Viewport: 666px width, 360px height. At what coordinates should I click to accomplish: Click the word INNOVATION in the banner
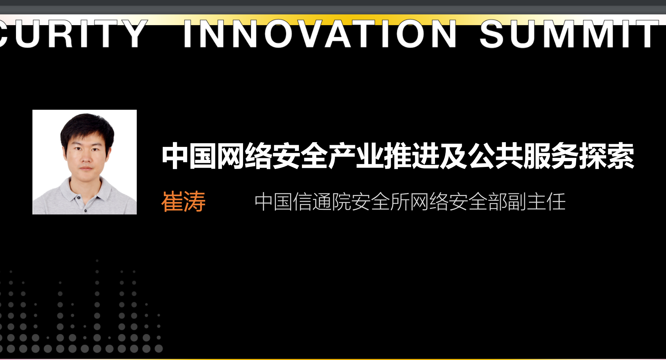tap(320, 34)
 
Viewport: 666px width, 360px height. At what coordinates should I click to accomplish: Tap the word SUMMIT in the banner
tap(569, 34)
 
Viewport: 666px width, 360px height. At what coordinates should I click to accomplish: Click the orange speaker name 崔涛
tap(183, 202)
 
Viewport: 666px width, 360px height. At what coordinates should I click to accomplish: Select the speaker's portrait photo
tap(85, 162)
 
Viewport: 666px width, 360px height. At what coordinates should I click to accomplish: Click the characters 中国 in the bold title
tap(189, 156)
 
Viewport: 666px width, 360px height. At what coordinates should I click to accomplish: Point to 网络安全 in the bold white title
tap(272, 156)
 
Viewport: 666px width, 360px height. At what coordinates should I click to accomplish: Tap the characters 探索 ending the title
tap(606, 156)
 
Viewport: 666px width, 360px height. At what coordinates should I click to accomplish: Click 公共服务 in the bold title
tap(523, 156)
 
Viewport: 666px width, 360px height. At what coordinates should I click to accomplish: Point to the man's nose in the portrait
tap(86, 157)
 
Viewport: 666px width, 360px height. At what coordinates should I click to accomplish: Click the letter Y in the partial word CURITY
tap(133, 34)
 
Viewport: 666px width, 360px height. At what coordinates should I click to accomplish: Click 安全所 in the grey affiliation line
tap(380, 202)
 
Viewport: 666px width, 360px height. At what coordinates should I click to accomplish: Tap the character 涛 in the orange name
tap(195, 202)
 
